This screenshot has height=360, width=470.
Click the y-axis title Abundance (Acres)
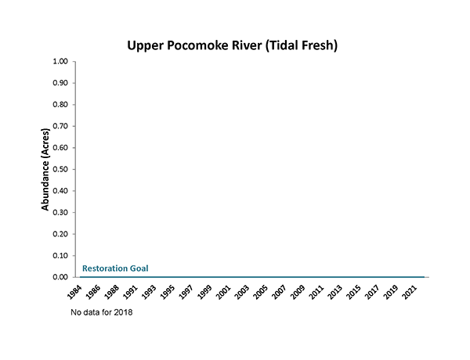(45, 169)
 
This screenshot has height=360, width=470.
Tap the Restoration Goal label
(115, 268)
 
